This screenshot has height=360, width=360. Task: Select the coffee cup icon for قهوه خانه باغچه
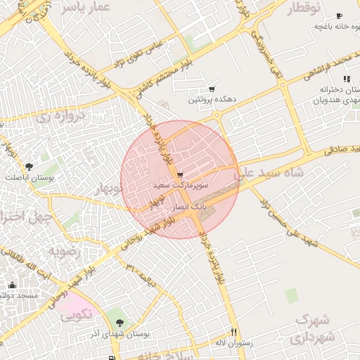click(339, 15)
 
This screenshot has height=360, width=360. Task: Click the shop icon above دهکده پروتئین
click(212, 89)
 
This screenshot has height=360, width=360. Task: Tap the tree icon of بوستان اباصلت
click(28, 167)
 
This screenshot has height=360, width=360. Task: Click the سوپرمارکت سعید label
click(172, 184)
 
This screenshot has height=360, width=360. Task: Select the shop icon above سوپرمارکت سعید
click(180, 174)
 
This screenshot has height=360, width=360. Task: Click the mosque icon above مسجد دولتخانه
click(12, 285)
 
